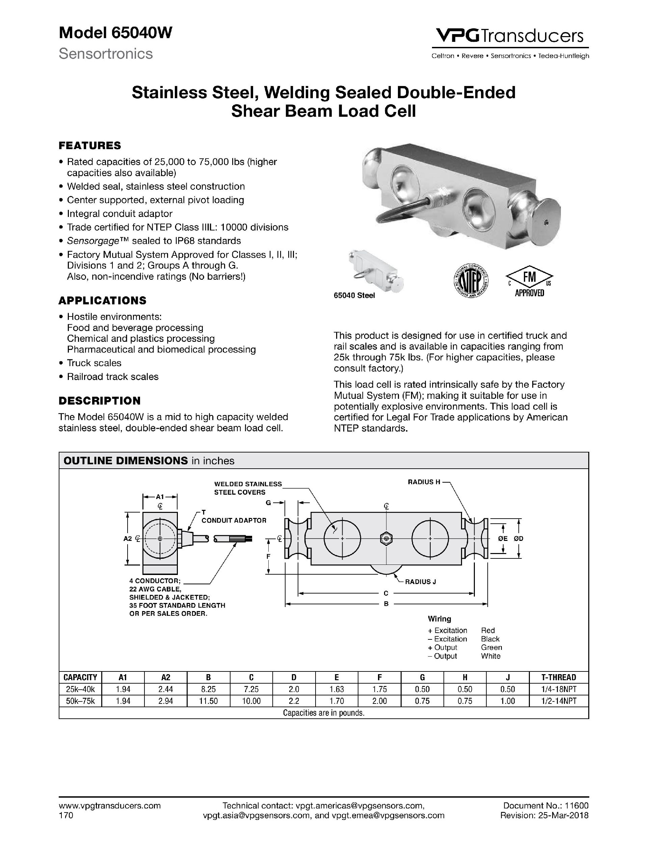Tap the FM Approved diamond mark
click(x=530, y=280)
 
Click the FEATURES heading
click(x=89, y=145)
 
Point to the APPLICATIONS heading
click(x=102, y=300)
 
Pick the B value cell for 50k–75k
click(x=208, y=701)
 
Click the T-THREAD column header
click(x=559, y=677)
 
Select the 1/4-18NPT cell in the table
click(x=559, y=689)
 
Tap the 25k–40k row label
click(x=80, y=689)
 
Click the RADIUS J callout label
click(x=420, y=582)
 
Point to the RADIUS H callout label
click(x=424, y=482)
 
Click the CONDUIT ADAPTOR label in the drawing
click(x=234, y=520)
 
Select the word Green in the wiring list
click(x=491, y=648)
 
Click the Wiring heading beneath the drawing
click(x=439, y=619)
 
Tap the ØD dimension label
click(x=518, y=539)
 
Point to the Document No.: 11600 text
click(x=546, y=805)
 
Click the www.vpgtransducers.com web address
click(x=110, y=805)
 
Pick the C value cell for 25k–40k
click(x=251, y=689)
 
